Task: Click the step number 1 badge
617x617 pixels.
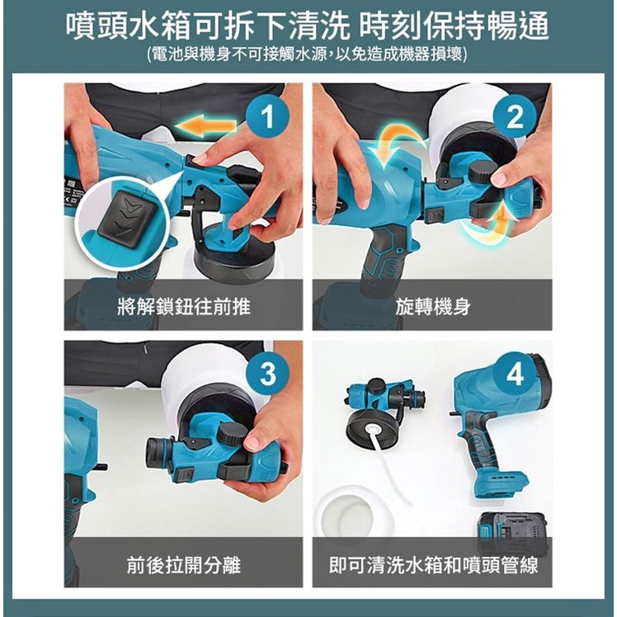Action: (x=267, y=117)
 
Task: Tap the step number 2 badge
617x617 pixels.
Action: (x=515, y=117)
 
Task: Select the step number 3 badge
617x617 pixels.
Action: (x=268, y=374)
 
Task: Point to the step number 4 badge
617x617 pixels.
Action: (x=515, y=374)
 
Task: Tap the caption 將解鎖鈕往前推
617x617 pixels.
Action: (x=184, y=306)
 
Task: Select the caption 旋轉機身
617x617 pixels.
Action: (x=433, y=306)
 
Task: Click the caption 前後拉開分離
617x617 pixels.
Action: (x=184, y=565)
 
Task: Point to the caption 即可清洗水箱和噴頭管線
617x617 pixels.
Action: (x=433, y=565)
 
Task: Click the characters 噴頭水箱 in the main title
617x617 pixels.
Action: (x=129, y=26)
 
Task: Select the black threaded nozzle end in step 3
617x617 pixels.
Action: (x=158, y=450)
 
